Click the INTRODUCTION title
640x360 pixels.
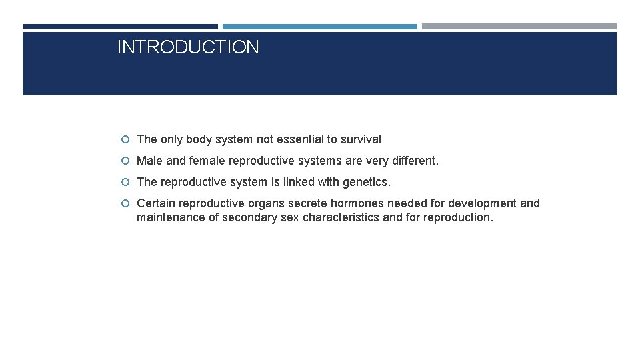click(188, 47)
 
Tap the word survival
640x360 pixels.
click(361, 139)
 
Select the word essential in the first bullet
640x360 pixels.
click(297, 139)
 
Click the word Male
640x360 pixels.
click(149, 161)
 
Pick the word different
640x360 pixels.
click(415, 161)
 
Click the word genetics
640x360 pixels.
click(367, 182)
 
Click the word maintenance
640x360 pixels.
click(171, 217)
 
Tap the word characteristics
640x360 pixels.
click(341, 217)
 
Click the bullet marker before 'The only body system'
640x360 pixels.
click(126, 140)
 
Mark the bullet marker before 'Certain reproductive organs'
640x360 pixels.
click(126, 204)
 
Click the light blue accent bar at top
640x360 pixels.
click(319, 27)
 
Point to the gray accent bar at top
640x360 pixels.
click(519, 27)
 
